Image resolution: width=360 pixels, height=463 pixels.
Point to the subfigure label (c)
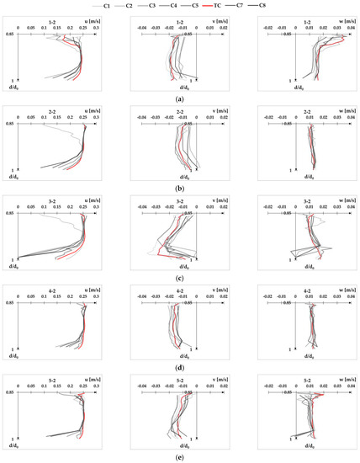click(180, 278)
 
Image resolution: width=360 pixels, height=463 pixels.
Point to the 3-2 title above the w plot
click(294, 198)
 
